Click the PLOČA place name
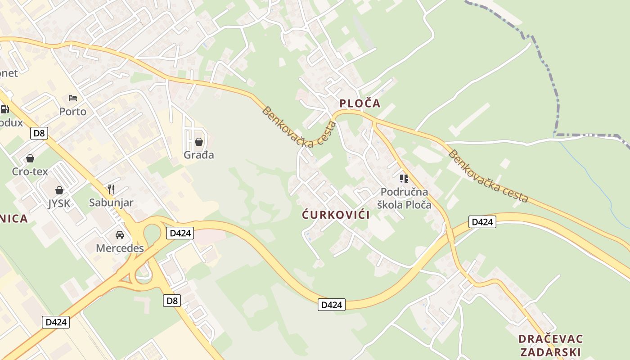point(360,103)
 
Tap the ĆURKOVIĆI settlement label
point(336,215)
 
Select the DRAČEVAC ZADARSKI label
point(550,345)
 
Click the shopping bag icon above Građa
point(199,142)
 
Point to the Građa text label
point(199,155)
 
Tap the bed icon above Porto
point(73,98)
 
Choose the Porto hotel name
point(73,111)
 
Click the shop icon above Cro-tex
point(30,158)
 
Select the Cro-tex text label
point(30,171)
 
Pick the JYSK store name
point(59,203)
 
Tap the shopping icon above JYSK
point(59,190)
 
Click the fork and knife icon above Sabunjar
point(111,189)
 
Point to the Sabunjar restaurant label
point(111,202)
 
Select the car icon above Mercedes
point(120,235)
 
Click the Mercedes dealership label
point(120,248)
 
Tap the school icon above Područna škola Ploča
point(404,179)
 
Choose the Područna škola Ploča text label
point(404,198)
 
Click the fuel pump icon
point(4,109)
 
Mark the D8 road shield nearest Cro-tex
point(39,133)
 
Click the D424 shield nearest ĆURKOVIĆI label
point(332,305)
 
